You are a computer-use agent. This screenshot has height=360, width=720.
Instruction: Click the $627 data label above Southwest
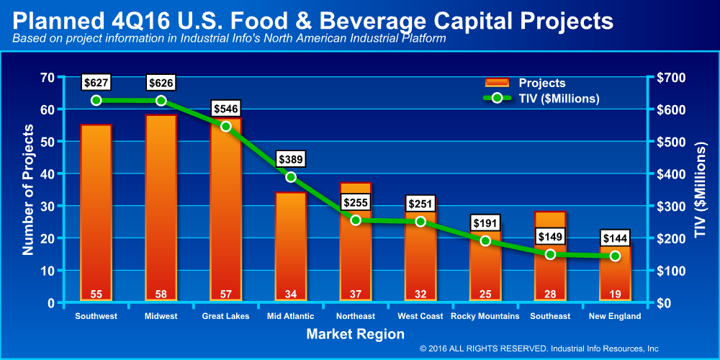pos(96,83)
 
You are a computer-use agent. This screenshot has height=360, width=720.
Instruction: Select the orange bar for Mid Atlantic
pos(291,245)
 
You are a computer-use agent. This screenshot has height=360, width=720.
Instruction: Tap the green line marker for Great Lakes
pos(226,126)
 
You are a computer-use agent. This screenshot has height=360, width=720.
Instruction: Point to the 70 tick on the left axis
pos(46,78)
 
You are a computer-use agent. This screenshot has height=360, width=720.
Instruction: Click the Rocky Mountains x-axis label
pos(485,316)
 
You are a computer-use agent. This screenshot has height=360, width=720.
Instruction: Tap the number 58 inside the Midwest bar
pos(161,294)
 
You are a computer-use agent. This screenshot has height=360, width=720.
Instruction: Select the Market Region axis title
pos(355,334)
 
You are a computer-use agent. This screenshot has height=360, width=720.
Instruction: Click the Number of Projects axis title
pos(29,190)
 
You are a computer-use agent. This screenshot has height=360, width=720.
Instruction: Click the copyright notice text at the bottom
pos(539,348)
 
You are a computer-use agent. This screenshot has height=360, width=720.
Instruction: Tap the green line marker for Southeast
pos(550,254)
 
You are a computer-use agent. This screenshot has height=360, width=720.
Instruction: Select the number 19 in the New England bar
pos(615,294)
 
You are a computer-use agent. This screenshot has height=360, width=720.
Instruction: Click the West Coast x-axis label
pos(420,316)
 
